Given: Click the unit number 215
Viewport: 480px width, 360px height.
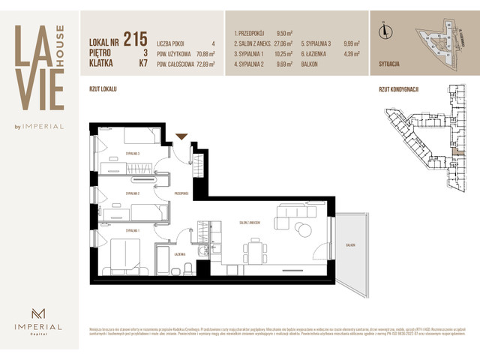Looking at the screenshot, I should tap(135, 38).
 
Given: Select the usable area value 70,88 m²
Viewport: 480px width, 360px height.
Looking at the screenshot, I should tap(204, 54).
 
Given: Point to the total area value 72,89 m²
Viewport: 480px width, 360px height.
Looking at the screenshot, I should tap(204, 64).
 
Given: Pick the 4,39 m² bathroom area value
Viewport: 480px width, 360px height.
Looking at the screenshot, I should tap(352, 54).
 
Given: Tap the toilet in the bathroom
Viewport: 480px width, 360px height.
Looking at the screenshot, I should tap(191, 267).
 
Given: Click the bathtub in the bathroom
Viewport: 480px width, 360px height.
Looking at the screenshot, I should tap(164, 265).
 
